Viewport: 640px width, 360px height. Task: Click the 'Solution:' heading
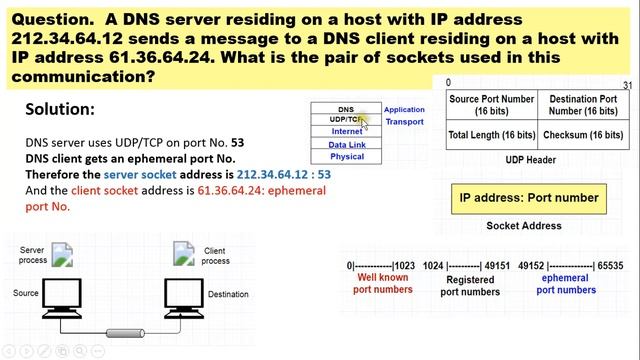point(60,109)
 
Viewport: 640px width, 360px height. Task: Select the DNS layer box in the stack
point(345,109)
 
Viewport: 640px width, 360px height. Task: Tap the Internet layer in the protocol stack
point(346,132)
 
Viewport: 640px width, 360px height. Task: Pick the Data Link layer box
point(346,144)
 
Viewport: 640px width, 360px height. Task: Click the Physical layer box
point(346,156)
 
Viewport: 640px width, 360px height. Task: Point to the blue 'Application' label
point(404,110)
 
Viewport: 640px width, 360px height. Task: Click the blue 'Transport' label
point(404,122)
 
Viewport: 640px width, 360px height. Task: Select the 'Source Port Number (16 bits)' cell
point(491,106)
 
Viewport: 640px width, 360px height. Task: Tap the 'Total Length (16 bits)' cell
point(491,134)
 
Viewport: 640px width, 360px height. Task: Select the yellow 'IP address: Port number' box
point(528,198)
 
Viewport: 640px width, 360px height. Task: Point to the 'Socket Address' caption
point(523,226)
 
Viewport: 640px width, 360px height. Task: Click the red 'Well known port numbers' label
point(383,284)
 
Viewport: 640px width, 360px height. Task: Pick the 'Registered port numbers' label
point(469,286)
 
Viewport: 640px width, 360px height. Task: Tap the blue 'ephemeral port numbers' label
point(566,284)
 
